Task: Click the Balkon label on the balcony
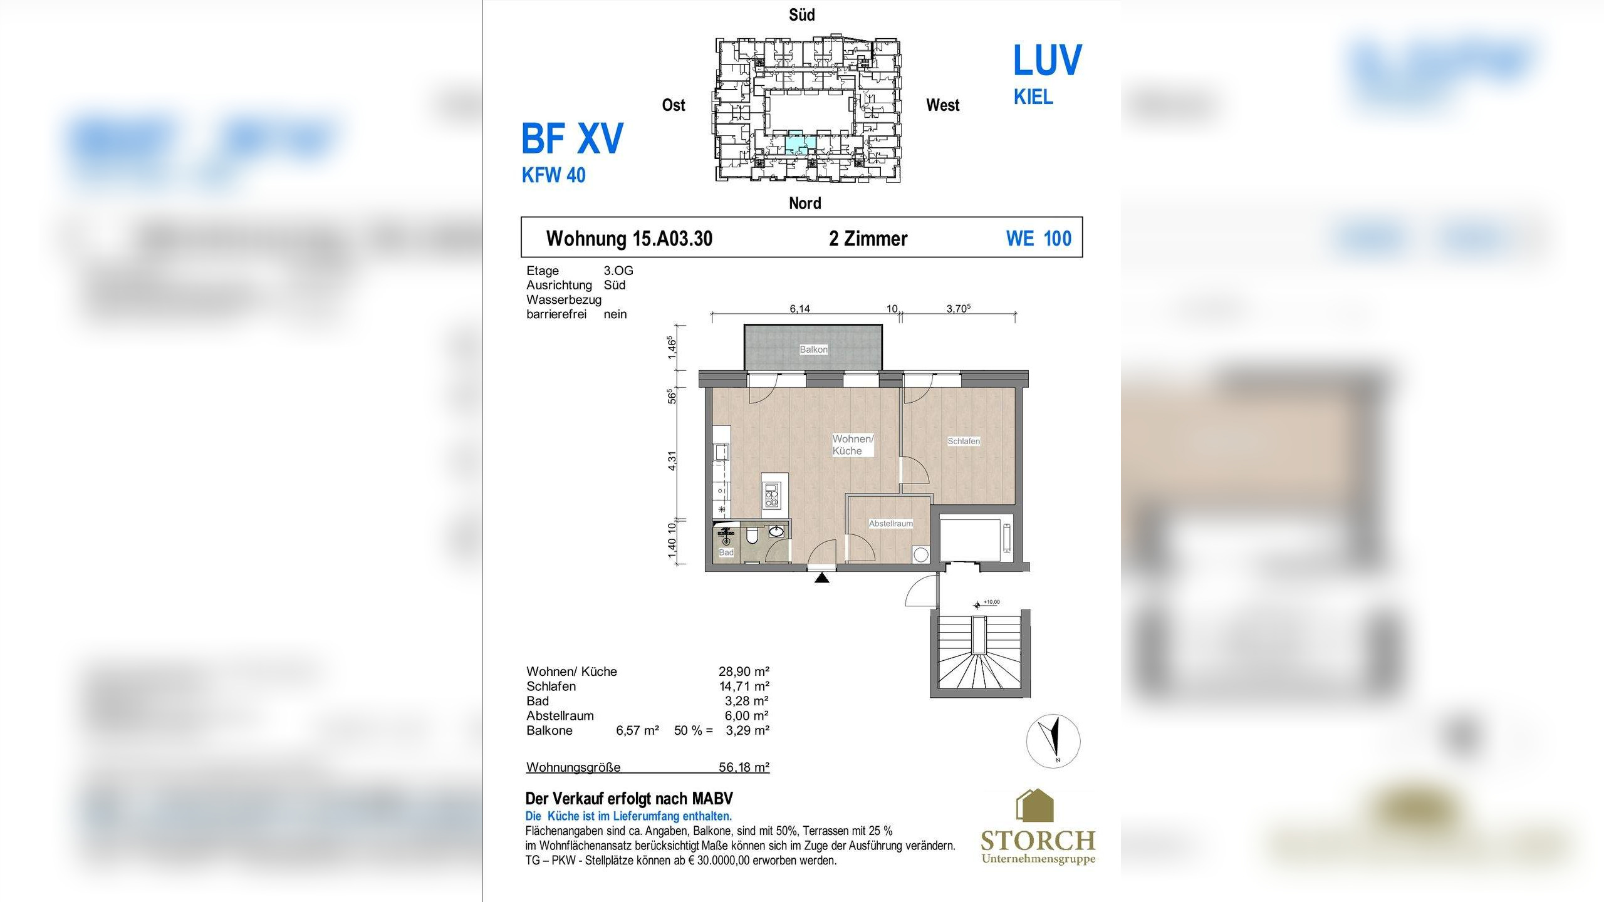pyautogui.click(x=813, y=350)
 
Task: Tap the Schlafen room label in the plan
pyautogui.click(x=964, y=441)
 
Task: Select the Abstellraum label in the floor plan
pyautogui.click(x=890, y=524)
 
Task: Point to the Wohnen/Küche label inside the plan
pyautogui.click(x=853, y=445)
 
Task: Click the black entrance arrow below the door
pyautogui.click(x=822, y=578)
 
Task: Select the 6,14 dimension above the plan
pyautogui.click(x=799, y=309)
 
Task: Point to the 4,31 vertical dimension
pyautogui.click(x=672, y=460)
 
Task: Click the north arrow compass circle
pyautogui.click(x=1053, y=741)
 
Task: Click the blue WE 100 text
pyautogui.click(x=1039, y=239)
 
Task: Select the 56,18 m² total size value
pyautogui.click(x=744, y=767)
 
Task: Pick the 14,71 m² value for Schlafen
pyautogui.click(x=744, y=686)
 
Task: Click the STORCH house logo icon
pyautogui.click(x=1034, y=806)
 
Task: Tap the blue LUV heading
pyautogui.click(x=1048, y=61)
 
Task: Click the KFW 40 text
pyautogui.click(x=554, y=175)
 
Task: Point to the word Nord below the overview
pyautogui.click(x=805, y=203)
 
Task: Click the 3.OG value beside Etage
pyautogui.click(x=618, y=271)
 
